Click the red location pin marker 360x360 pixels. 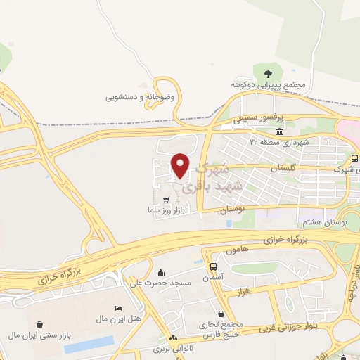(181, 165)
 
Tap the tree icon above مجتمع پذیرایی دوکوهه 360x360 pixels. (267, 73)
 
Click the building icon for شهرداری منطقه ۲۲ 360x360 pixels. (280, 132)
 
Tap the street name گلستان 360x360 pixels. (283, 168)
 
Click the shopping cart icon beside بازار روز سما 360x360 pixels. (165, 200)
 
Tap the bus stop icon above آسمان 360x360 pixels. (212, 266)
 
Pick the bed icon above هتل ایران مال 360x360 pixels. (118, 309)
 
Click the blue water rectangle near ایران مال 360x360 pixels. (89, 344)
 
